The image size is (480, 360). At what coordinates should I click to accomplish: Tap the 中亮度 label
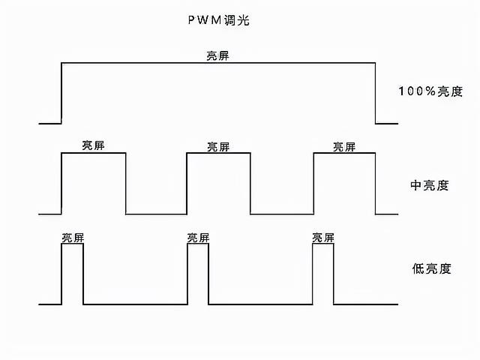430,184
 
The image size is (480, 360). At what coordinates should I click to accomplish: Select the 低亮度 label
430,268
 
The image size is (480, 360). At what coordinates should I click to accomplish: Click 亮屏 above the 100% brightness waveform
217,55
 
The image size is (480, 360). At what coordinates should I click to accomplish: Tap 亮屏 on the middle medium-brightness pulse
218,146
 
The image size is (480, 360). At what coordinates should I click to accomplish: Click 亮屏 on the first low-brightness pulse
73,238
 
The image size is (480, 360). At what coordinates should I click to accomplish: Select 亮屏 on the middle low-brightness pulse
198,238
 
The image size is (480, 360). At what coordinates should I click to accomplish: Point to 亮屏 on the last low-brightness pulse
323,238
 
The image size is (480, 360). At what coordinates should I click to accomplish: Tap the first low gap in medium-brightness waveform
156,214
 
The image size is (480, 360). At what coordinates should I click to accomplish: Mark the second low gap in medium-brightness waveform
281,214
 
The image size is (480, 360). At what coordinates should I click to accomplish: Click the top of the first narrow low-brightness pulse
73,245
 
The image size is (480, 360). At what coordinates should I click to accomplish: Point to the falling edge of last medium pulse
375,184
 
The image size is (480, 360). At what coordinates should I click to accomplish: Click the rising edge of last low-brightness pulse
313,274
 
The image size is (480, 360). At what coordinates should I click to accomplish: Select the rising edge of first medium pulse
61,184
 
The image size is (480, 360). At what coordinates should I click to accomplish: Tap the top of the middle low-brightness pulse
198,245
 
